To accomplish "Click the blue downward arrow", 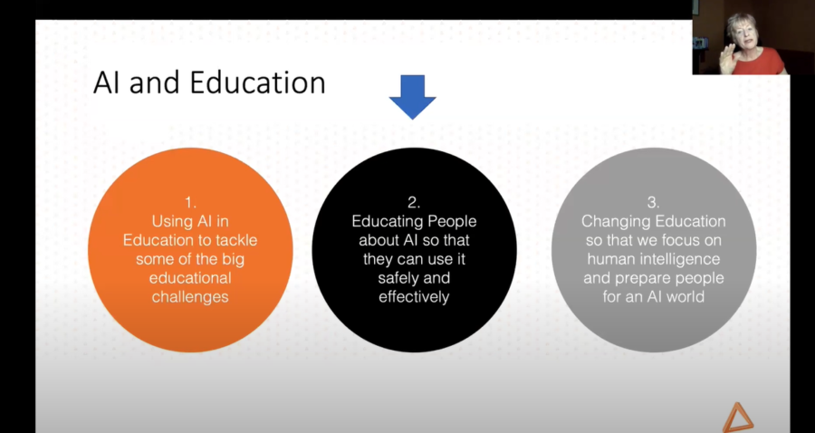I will (412, 96).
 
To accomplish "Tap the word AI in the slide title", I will (110, 83).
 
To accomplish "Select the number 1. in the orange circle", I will (190, 203).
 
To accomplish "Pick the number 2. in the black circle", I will (414, 203).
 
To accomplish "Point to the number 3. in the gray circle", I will (653, 202).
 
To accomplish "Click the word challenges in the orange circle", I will (190, 296).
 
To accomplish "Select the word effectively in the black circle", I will (414, 296).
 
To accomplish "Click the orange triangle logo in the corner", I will (737, 416).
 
